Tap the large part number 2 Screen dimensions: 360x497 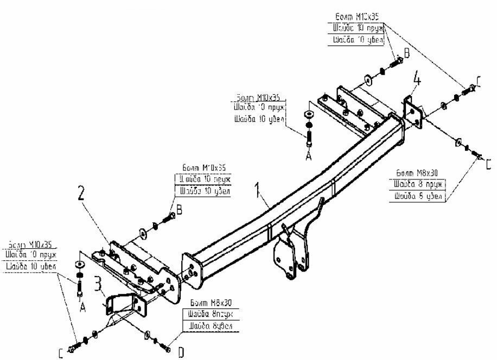click(x=81, y=194)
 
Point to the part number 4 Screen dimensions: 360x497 click(x=417, y=80)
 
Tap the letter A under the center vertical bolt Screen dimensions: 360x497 click(x=309, y=155)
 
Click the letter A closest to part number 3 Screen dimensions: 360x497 click(x=83, y=307)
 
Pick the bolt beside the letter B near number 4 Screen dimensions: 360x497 click(x=394, y=63)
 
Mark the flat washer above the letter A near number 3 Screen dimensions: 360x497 click(x=80, y=265)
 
